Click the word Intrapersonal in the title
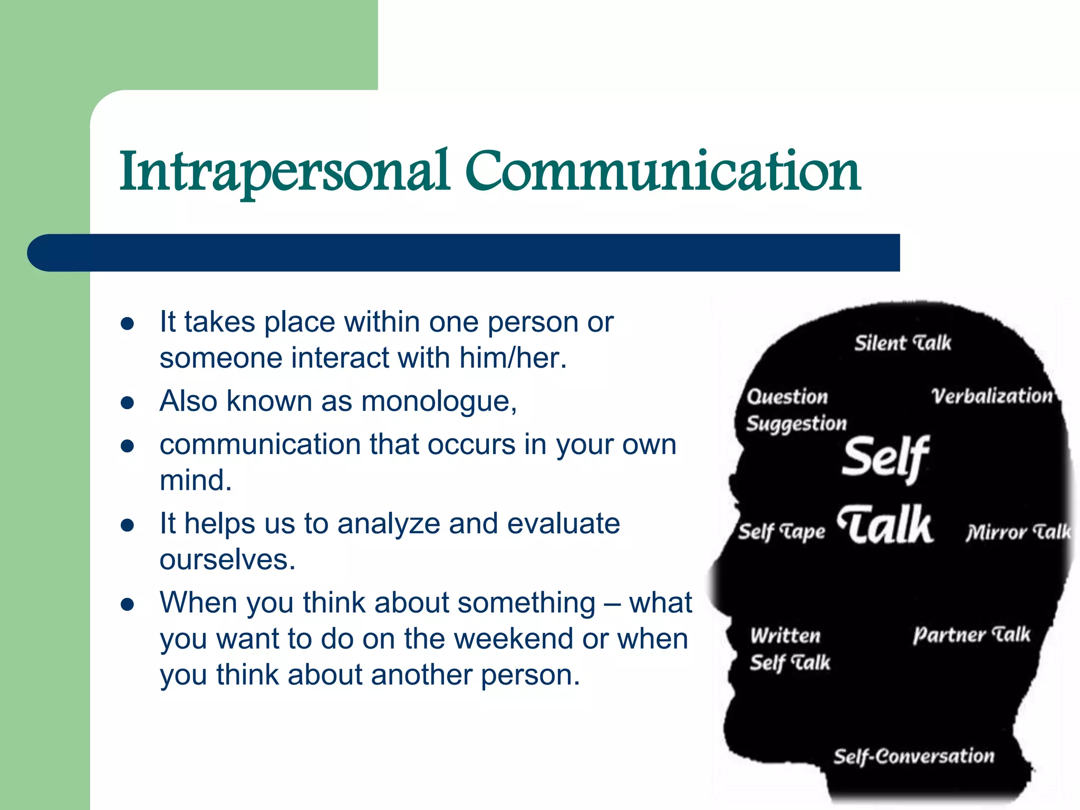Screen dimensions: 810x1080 (285, 171)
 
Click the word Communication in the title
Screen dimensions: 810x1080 (663, 171)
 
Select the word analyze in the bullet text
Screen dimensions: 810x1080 (388, 524)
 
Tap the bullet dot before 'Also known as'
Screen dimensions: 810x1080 (127, 403)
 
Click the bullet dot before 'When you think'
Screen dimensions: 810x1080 (127, 604)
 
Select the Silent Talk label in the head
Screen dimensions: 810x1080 (902, 343)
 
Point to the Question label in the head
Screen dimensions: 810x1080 (787, 397)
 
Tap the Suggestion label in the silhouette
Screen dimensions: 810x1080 (796, 424)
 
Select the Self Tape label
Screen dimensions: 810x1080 (781, 532)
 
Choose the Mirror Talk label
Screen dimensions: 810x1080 (1018, 533)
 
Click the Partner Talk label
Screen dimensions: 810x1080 (971, 635)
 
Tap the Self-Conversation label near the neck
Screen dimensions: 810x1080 (913, 757)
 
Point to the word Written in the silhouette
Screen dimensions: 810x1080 (785, 635)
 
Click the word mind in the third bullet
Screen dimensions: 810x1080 (195, 480)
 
